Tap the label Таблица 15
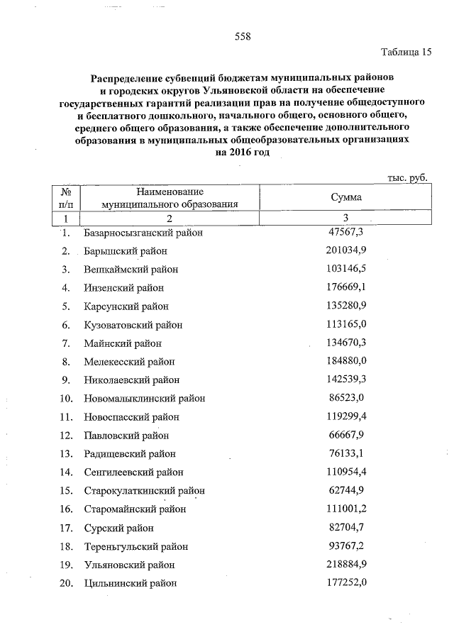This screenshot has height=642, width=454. pyautogui.click(x=406, y=52)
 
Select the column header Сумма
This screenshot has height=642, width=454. pyautogui.click(x=346, y=198)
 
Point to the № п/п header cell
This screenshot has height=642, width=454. pyautogui.click(x=65, y=198)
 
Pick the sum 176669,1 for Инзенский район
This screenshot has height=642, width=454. pyautogui.click(x=346, y=287)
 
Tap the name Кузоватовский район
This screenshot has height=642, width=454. pyautogui.click(x=133, y=325)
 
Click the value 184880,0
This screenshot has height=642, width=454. pyautogui.click(x=346, y=361)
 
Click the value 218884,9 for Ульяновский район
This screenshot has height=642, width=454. pyautogui.click(x=346, y=565)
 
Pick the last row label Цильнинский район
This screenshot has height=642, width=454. pyautogui.click(x=130, y=584)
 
